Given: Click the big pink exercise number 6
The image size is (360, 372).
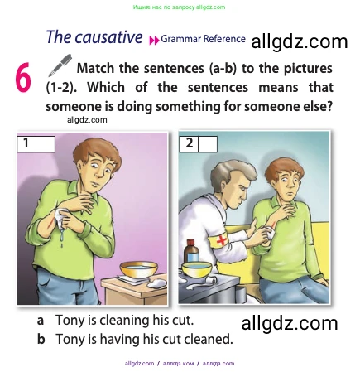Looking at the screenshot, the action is click(x=22, y=77).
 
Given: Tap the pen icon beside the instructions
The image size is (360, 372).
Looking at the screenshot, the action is click(x=60, y=65).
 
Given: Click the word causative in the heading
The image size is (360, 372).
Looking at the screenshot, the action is click(x=108, y=37).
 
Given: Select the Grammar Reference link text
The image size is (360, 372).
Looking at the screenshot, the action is click(x=203, y=39).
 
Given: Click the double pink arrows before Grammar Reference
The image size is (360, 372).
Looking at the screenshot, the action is click(x=154, y=41).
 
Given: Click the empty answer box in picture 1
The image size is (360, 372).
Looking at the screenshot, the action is click(x=46, y=143).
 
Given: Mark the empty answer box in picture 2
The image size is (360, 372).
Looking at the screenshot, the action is click(x=208, y=143).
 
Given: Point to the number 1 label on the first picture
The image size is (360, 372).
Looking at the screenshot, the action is click(x=26, y=143).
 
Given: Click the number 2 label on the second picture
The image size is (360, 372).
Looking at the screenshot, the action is click(x=189, y=143).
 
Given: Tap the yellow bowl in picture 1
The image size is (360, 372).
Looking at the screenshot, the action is click(x=139, y=269).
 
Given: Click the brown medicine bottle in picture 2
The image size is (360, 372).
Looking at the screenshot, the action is click(x=192, y=251).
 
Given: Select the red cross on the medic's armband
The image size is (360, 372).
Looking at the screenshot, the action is click(x=222, y=240).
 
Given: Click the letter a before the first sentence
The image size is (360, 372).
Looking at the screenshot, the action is click(x=41, y=321).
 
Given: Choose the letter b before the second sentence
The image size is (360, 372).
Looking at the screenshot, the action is click(x=41, y=339).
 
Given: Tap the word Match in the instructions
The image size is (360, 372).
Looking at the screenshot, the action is click(x=95, y=68).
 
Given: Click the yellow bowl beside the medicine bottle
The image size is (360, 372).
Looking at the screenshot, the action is click(x=196, y=269).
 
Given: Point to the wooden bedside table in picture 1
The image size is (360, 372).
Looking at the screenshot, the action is click(x=135, y=289).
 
